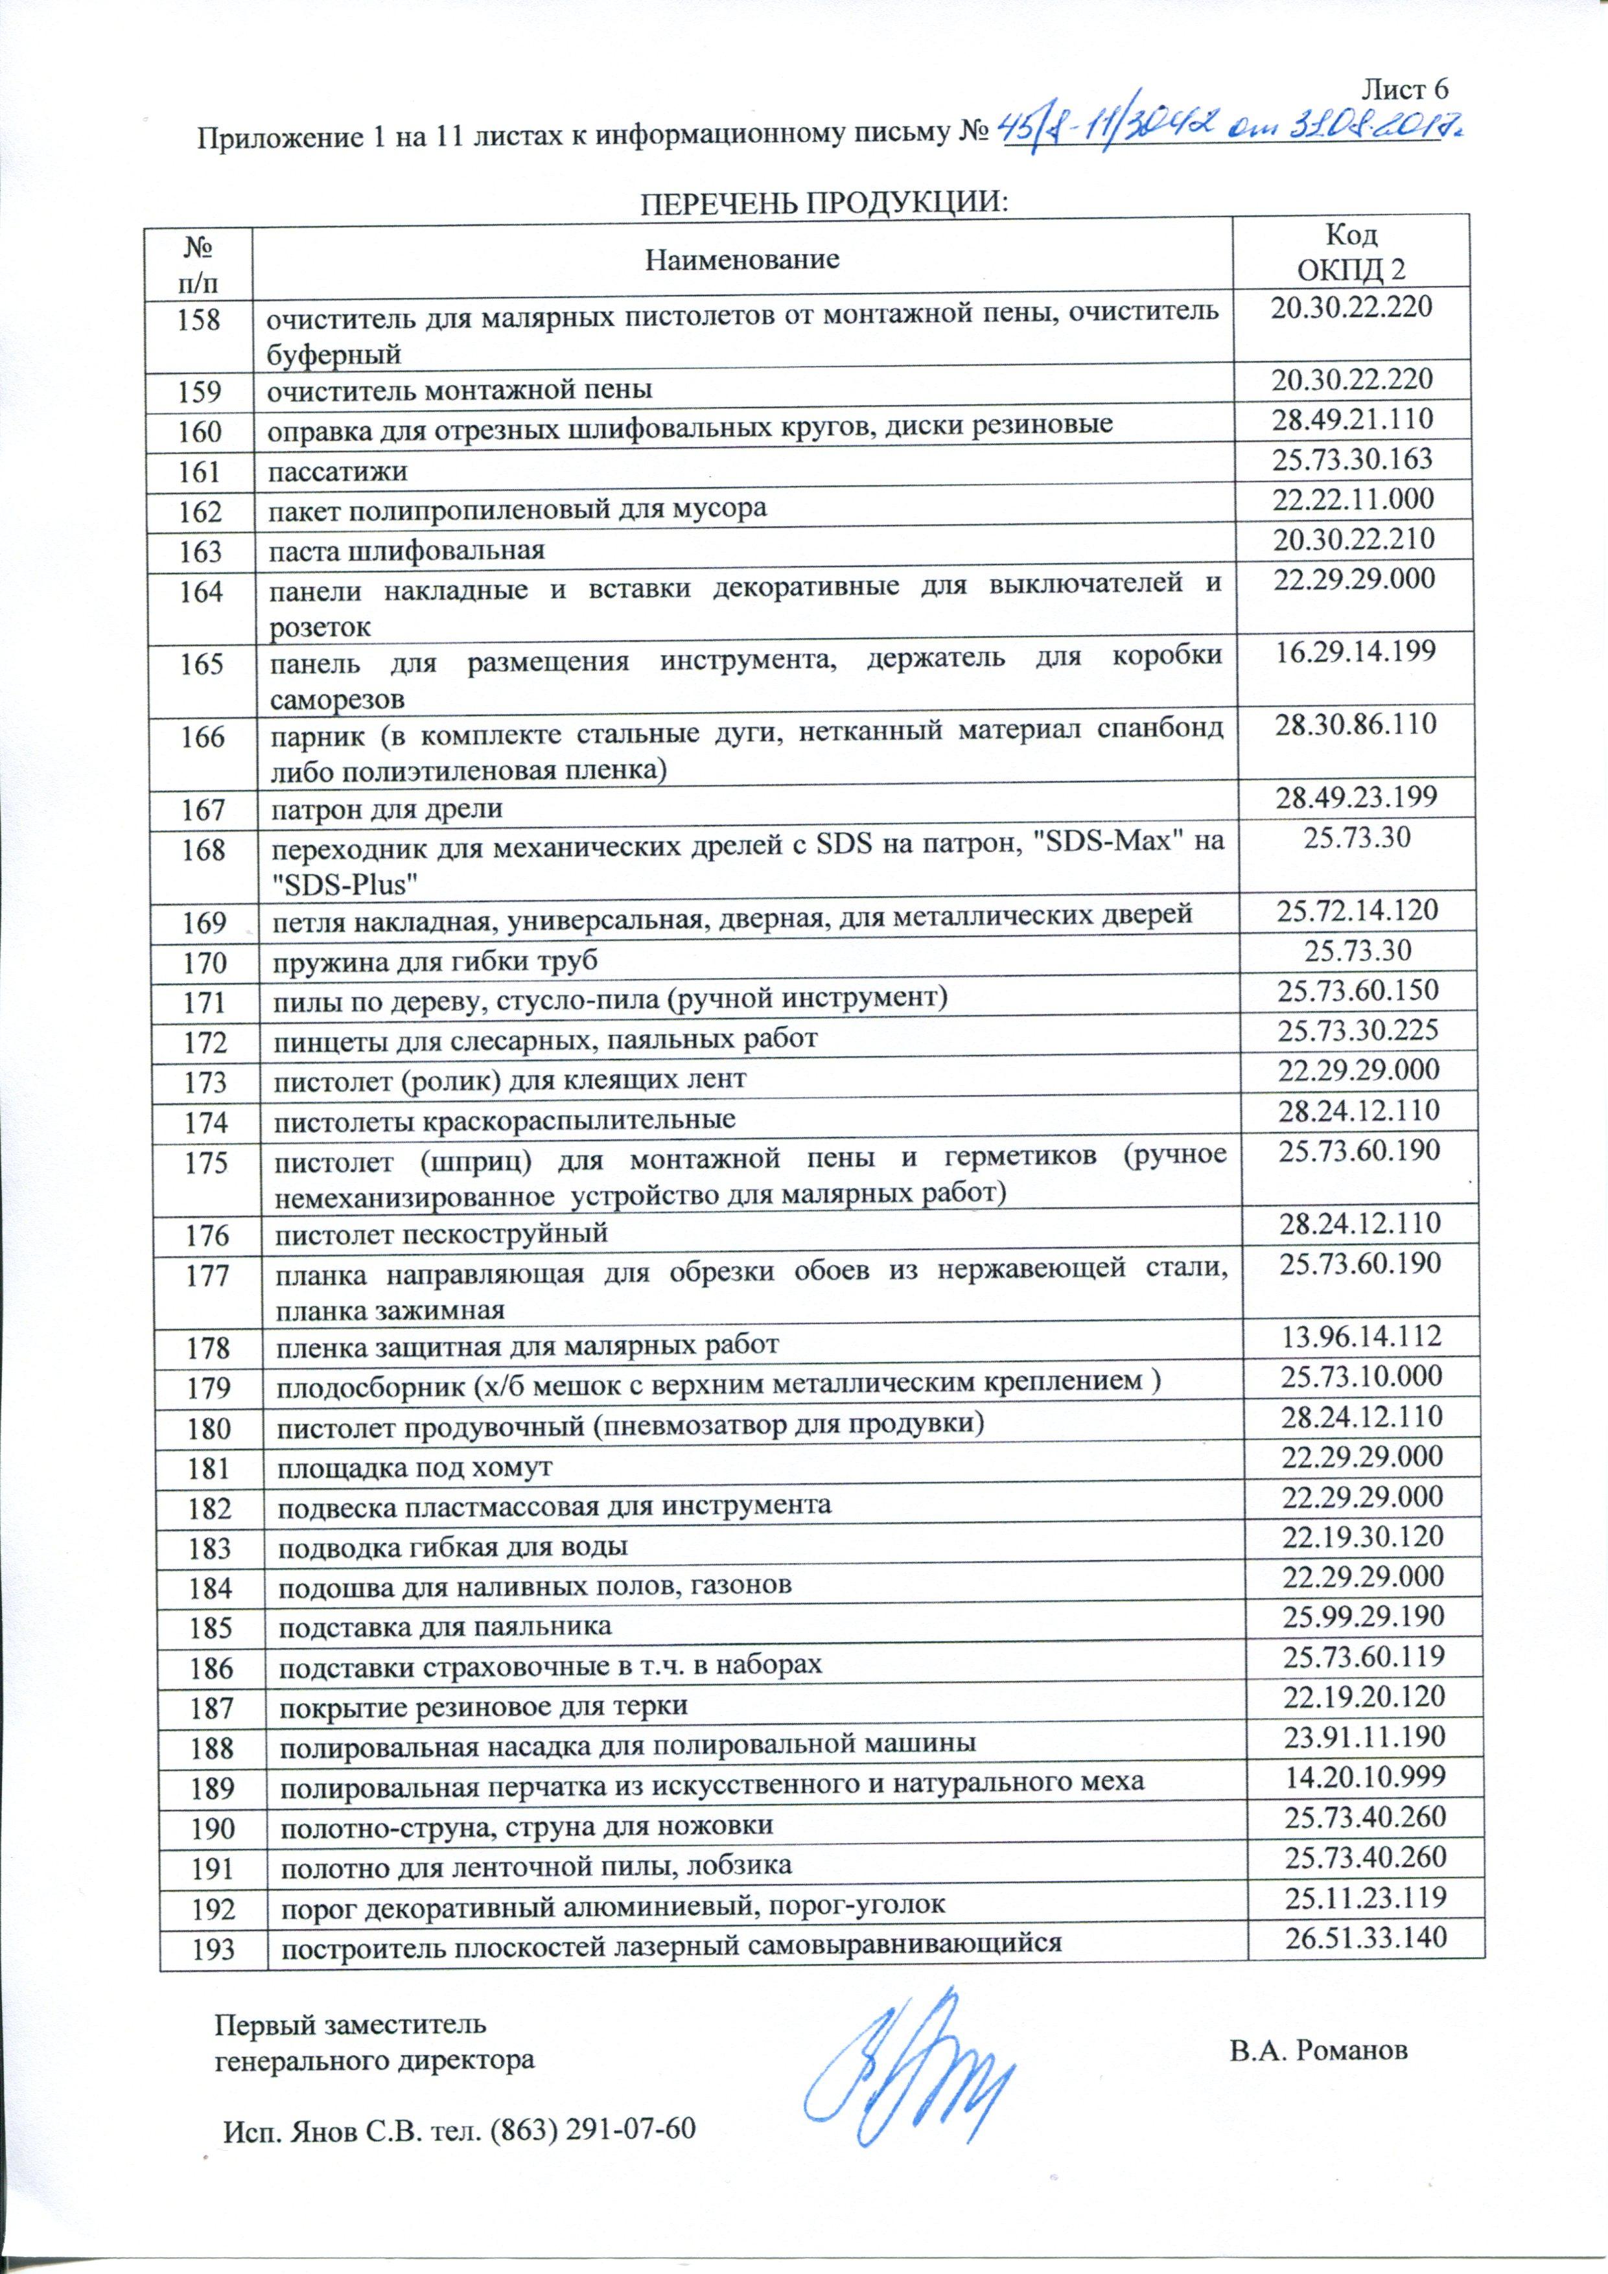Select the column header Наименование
(x=742, y=259)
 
